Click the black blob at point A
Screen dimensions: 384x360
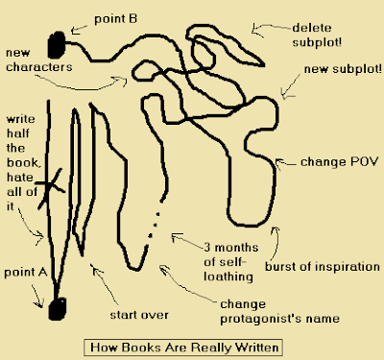point(58,309)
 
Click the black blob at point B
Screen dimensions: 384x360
point(57,45)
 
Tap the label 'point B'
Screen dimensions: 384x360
point(115,19)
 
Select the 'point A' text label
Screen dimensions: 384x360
point(26,273)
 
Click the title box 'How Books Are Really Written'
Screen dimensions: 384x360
point(183,348)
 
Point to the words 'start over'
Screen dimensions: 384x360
point(139,315)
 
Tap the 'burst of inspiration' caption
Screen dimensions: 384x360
point(323,267)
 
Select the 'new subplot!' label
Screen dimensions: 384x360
point(343,69)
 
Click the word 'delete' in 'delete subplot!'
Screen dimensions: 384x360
point(312,28)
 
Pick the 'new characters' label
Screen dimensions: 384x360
point(39,60)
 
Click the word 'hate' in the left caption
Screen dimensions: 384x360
point(20,177)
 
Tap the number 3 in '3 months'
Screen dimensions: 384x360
point(207,248)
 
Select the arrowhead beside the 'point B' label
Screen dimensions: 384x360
point(75,30)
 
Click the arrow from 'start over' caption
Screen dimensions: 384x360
point(104,283)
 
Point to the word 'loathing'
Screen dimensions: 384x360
point(228,276)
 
